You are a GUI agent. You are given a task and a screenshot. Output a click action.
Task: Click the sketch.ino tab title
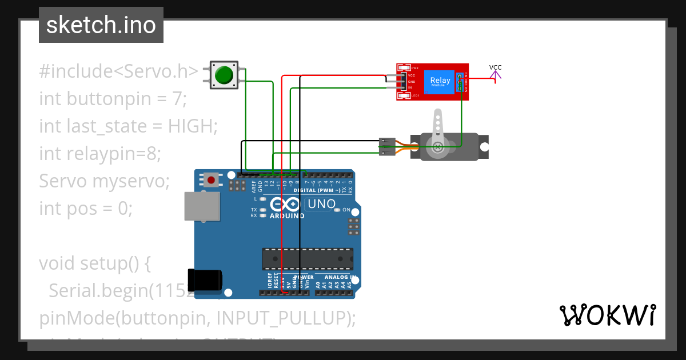pyautogui.click(x=101, y=25)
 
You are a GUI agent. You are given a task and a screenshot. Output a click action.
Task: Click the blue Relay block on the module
pyautogui.click(x=440, y=82)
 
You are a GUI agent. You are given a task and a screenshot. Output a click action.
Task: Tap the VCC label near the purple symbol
pyautogui.click(x=495, y=67)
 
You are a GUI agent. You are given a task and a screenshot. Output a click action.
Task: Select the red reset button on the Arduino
pyautogui.click(x=212, y=181)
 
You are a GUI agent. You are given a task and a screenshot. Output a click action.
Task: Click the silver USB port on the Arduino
pyautogui.click(x=202, y=206)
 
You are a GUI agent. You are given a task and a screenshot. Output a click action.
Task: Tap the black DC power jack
pyautogui.click(x=205, y=279)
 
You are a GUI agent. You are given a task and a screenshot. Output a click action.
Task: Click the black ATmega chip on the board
pyautogui.click(x=308, y=258)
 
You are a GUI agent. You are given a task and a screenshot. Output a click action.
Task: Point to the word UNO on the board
pyautogui.click(x=321, y=204)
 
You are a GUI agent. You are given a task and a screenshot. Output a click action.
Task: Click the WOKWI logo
pyautogui.click(x=607, y=315)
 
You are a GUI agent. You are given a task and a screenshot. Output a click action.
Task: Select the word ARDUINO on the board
pyautogui.click(x=287, y=216)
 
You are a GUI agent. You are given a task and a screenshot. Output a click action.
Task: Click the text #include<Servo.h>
pyautogui.click(x=118, y=71)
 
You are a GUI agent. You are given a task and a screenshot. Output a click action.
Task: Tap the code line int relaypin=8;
pyautogui.click(x=100, y=153)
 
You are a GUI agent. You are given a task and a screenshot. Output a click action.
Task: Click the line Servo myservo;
pyautogui.click(x=105, y=181)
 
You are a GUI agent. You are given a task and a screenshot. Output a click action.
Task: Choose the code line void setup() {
pyautogui.click(x=94, y=263)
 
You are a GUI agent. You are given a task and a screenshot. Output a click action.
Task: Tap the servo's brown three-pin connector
pyautogui.click(x=387, y=146)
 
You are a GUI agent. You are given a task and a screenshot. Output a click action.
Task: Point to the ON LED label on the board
pyautogui.click(x=346, y=210)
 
